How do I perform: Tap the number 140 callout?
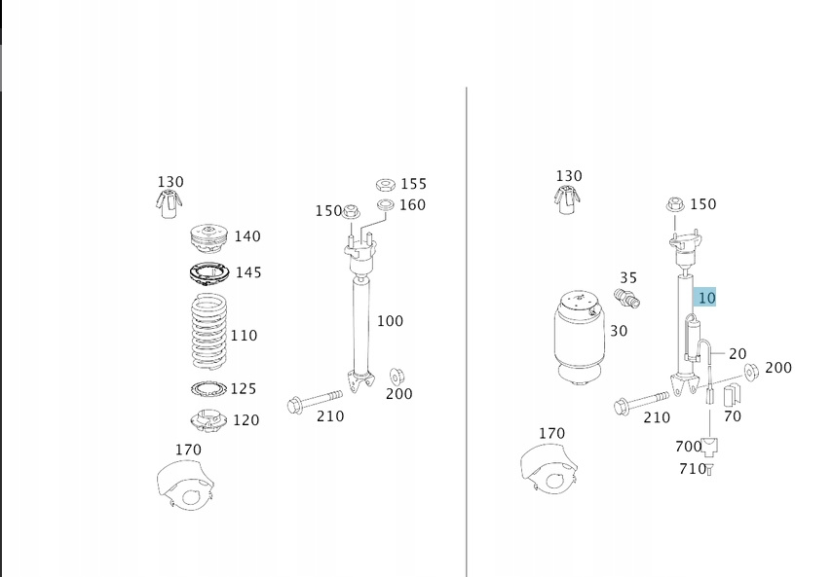pos(247,236)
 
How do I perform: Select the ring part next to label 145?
pos(208,274)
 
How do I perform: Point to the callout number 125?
pos(243,389)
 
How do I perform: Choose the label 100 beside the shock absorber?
pos(390,321)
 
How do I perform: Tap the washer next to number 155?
pos(383,184)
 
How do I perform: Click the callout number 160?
pos(412,205)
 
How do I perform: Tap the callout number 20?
pos(737,354)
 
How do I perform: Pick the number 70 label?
pos(733,416)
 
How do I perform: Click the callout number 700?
pos(688,447)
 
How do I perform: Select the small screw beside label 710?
pos(710,471)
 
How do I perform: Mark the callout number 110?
pos(244,336)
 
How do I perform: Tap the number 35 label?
pos(628,277)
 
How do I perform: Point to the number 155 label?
pos(413,184)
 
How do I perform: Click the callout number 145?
pos(248,272)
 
